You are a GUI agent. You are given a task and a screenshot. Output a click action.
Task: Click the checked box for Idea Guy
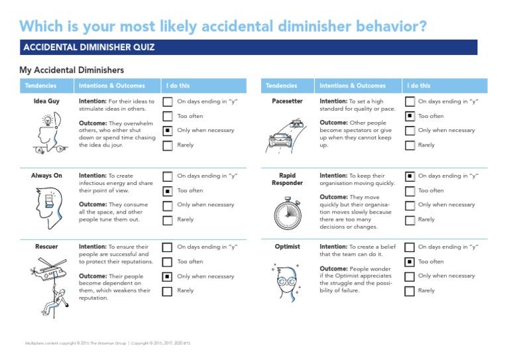(168, 131)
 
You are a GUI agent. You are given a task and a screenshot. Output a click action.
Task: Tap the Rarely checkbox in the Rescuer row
(168, 290)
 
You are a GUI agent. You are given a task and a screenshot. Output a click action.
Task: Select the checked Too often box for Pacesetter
(410, 116)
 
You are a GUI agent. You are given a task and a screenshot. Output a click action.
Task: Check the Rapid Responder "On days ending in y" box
(410, 176)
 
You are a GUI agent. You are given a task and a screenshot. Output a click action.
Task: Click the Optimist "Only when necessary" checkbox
(410, 276)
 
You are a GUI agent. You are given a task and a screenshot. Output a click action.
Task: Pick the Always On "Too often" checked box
(168, 191)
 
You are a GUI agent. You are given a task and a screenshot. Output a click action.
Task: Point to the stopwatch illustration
(287, 211)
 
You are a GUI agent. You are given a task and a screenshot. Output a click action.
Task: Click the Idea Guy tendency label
(46, 101)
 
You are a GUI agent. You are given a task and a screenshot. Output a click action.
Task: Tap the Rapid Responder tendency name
(288, 179)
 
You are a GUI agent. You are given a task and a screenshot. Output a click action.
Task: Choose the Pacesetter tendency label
(288, 101)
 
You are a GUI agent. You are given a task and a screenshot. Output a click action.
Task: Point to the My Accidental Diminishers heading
(72, 70)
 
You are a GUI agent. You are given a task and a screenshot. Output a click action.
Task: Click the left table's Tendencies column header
(40, 86)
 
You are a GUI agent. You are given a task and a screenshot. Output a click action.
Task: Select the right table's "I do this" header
(419, 86)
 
